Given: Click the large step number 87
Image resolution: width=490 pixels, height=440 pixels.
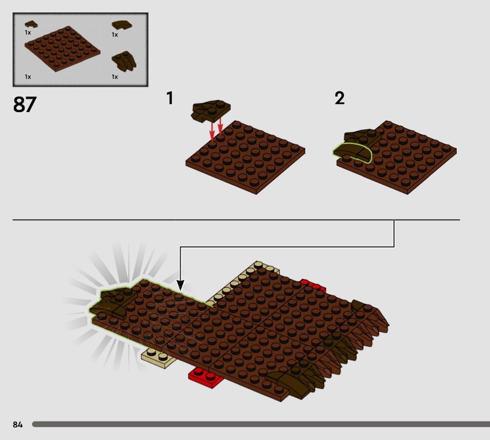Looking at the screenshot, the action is (24, 104).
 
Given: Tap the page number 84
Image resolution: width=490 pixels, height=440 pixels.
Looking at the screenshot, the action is (18, 424).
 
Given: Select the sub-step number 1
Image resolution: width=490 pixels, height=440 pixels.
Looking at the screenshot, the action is (170, 98).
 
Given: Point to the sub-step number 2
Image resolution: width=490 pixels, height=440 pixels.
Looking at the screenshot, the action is (340, 98).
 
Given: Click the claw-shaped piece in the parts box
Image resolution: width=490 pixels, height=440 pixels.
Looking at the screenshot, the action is (124, 61).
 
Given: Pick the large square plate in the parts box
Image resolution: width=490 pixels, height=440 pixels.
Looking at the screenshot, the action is (62, 49).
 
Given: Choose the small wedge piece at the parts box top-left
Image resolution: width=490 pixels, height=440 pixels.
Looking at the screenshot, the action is (31, 24).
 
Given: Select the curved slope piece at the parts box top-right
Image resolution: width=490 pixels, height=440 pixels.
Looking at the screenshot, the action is (122, 25).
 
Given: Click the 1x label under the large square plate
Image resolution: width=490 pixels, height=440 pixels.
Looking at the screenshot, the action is (28, 77).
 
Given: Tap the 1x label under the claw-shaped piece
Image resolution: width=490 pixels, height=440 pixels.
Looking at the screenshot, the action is (115, 77).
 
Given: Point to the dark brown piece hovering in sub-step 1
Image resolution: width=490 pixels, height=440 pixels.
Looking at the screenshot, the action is (211, 111).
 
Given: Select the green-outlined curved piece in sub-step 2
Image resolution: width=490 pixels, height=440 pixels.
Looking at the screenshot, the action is (352, 153).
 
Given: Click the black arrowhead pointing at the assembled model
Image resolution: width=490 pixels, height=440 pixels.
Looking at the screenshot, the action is (180, 285).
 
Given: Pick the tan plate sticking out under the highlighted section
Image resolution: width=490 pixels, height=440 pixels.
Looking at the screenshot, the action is (158, 358).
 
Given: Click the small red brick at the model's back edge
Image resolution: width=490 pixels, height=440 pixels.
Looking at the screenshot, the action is (313, 286).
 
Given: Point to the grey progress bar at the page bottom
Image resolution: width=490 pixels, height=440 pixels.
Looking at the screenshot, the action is (261, 424).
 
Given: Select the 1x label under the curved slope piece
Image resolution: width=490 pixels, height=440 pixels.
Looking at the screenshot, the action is (115, 35).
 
